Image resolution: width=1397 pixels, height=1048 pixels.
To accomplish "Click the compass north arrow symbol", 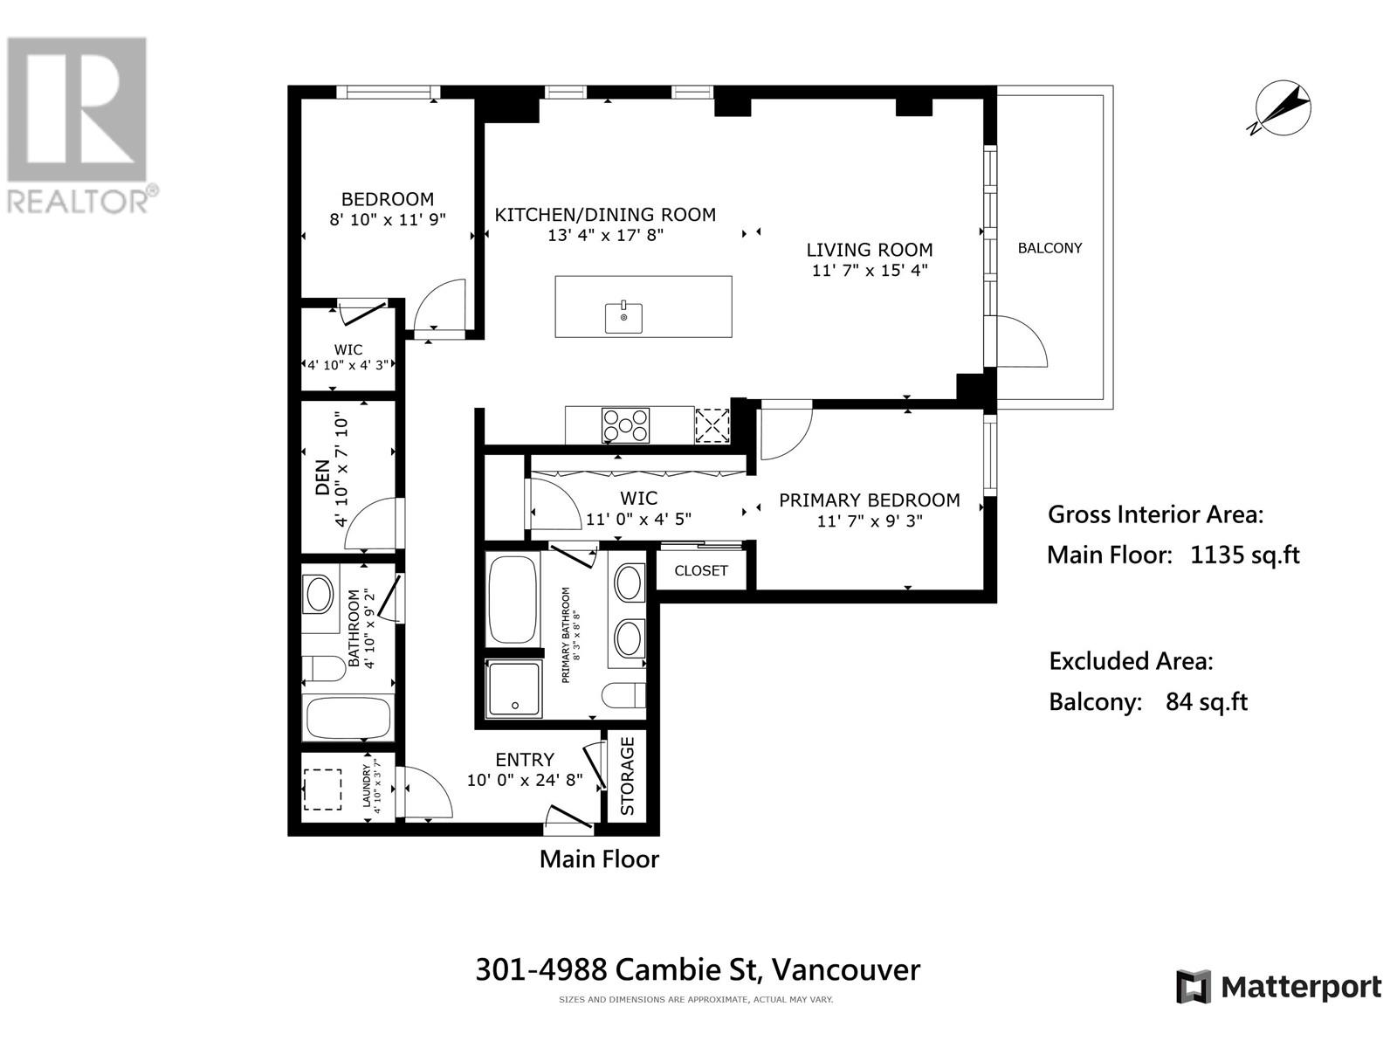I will [x=1283, y=110].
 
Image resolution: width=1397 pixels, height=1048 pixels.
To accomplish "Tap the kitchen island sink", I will [x=623, y=316].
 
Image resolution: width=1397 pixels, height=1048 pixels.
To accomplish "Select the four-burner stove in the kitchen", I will [x=625, y=425].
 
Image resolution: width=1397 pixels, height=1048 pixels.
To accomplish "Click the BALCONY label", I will [x=1049, y=248].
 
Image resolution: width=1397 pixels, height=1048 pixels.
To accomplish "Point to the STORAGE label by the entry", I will [x=628, y=776].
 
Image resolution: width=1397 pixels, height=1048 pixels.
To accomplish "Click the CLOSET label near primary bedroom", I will [x=701, y=570].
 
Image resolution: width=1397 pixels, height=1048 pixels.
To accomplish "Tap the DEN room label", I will [x=323, y=479].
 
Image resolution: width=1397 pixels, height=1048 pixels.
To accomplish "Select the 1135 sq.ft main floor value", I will [x=1244, y=555].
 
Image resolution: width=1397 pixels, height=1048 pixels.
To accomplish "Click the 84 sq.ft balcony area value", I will [x=1206, y=701].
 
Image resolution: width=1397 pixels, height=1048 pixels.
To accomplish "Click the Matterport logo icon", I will [x=1193, y=987].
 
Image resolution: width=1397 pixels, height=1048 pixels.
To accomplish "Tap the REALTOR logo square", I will [x=76, y=109].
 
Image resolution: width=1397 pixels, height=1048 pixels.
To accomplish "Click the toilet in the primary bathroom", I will [x=623, y=694].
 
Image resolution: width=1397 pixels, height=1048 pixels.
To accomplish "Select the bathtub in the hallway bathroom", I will [x=347, y=718].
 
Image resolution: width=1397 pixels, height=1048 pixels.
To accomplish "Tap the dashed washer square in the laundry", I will [x=322, y=789].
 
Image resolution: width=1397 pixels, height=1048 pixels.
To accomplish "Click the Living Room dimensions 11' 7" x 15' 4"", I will [x=869, y=270].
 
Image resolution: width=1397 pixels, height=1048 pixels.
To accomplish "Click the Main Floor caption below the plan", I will [x=599, y=858].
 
